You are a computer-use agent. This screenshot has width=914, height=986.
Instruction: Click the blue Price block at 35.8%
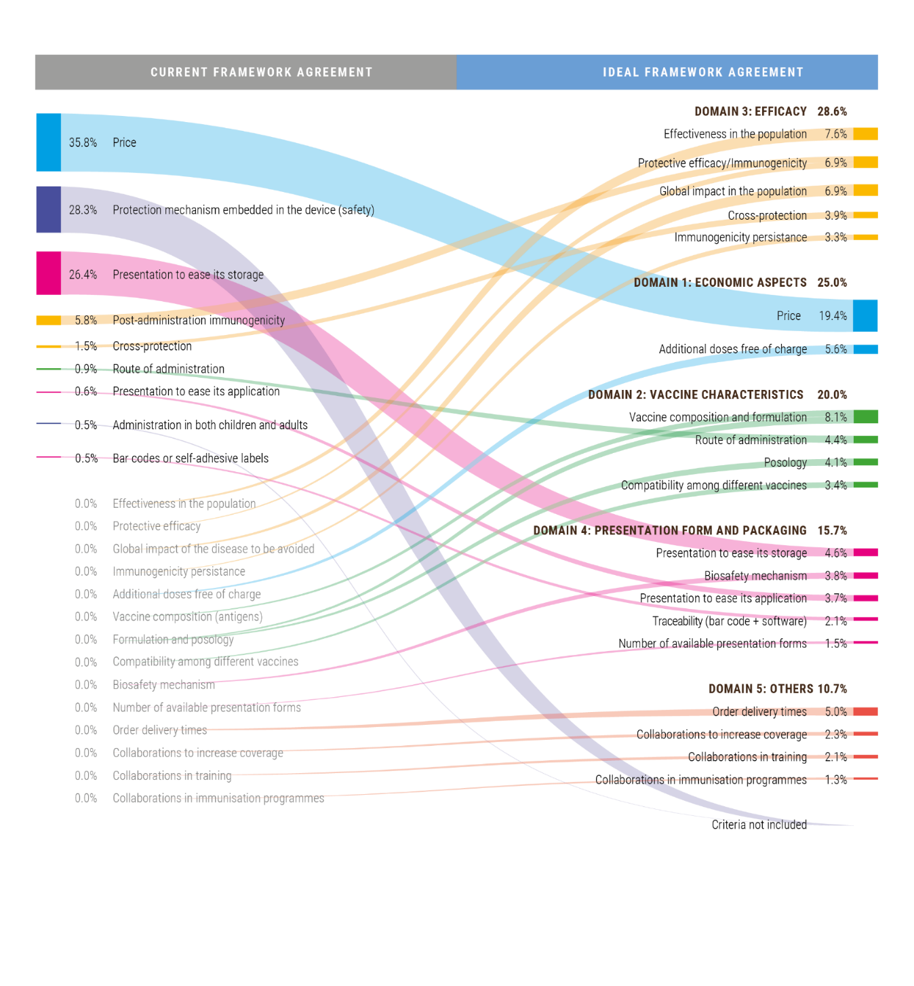pos(48,142)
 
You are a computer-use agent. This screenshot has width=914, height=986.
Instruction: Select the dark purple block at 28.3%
pos(48,210)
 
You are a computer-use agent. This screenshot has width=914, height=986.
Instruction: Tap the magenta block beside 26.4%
pos(48,273)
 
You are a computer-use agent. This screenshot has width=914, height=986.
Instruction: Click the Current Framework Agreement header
pos(261,72)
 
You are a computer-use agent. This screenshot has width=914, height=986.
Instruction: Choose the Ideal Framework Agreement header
pos(702,72)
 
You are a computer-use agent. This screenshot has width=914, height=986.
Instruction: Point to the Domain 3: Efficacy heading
pos(750,111)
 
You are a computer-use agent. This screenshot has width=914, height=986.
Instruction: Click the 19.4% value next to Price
pos(833,316)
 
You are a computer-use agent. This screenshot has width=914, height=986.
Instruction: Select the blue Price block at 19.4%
pos(865,315)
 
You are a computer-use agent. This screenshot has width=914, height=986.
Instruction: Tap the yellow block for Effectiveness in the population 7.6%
pos(865,134)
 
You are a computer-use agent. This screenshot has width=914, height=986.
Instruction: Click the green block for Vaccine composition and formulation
pos(865,416)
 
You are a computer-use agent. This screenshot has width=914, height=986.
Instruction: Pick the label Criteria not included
pos(759,825)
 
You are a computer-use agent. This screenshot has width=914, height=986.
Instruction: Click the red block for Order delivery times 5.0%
pos(865,711)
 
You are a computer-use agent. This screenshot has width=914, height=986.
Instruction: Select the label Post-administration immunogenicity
pos(199,320)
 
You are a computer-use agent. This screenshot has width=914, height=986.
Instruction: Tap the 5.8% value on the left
pos(86,320)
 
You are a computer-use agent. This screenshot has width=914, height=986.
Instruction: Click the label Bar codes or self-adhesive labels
pos(191,458)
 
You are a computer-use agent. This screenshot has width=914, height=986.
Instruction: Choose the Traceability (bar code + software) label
pos(729,621)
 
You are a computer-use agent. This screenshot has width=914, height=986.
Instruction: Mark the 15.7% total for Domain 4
pos(832,530)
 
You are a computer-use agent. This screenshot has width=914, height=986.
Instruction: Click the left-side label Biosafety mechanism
pos(163,685)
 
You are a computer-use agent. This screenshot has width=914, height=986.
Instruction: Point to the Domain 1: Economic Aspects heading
pos(720,282)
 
